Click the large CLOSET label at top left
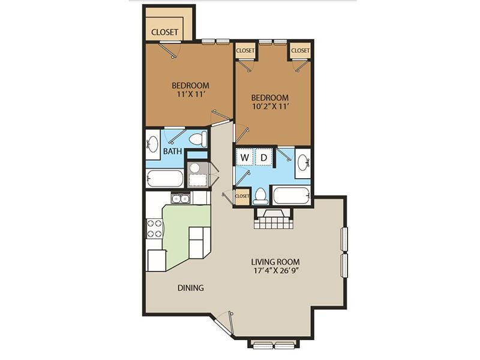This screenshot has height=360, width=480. coord(164,32)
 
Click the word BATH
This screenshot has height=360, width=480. coord(173,152)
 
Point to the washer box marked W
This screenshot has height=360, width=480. coord(245,158)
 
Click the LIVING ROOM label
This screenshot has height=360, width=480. coord(275,262)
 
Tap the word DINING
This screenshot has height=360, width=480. coord(190,288)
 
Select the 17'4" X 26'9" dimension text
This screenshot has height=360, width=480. coord(275,272)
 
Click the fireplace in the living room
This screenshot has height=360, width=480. coord(274,219)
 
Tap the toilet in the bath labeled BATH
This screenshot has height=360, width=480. coord(197,139)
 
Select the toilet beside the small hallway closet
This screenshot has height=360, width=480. coord(260,196)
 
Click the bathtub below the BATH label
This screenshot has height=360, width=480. coord(164,179)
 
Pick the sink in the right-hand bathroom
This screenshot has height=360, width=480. coord(303,161)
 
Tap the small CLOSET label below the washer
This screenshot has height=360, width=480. coord(242,196)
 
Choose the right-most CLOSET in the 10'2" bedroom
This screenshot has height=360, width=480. coord(301,51)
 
